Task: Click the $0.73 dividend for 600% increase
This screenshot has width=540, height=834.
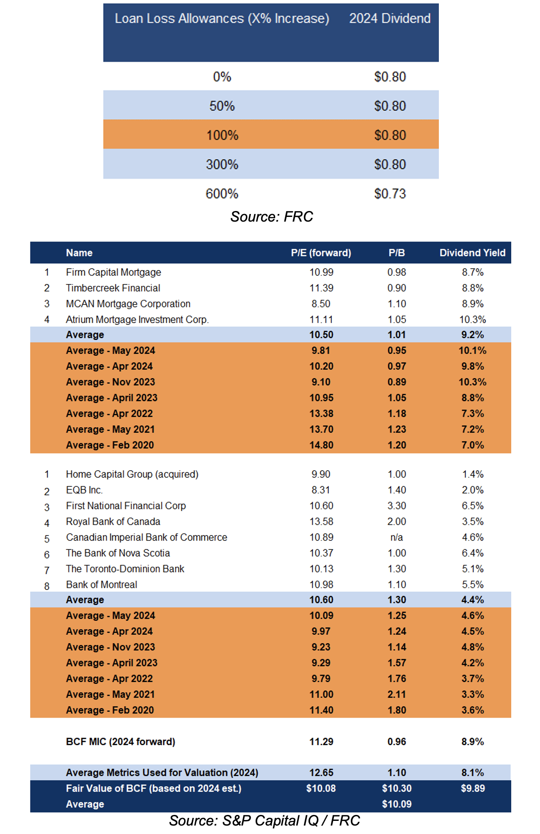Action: point(390,194)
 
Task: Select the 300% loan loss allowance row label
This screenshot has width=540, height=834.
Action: point(222,165)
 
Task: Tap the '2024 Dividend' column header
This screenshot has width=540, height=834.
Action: point(390,19)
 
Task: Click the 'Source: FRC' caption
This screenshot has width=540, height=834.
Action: point(271,217)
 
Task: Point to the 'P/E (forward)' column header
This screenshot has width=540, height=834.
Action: point(321,253)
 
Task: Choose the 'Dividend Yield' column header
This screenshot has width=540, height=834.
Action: point(472,253)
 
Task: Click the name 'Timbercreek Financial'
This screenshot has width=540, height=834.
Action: point(113,288)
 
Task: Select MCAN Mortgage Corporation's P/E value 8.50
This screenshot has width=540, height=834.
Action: point(321,304)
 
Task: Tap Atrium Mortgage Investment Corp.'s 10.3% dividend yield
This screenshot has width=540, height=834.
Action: point(473,320)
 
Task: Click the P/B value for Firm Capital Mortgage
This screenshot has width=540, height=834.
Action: point(397,272)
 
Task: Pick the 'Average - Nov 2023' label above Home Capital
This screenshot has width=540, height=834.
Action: point(110,382)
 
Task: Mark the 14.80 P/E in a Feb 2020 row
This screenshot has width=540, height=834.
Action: point(321,445)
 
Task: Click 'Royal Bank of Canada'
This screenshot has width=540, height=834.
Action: point(113,522)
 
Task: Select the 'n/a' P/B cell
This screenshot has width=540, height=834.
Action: point(397,538)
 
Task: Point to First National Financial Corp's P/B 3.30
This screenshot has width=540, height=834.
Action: point(397,506)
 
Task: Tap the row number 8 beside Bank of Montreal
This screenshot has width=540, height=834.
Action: point(47,586)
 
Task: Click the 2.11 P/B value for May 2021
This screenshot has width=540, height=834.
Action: point(397,694)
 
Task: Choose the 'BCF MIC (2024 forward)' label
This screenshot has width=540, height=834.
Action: point(121,742)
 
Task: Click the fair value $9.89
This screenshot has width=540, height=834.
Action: point(473,788)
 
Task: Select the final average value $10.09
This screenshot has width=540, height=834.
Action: point(397,804)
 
